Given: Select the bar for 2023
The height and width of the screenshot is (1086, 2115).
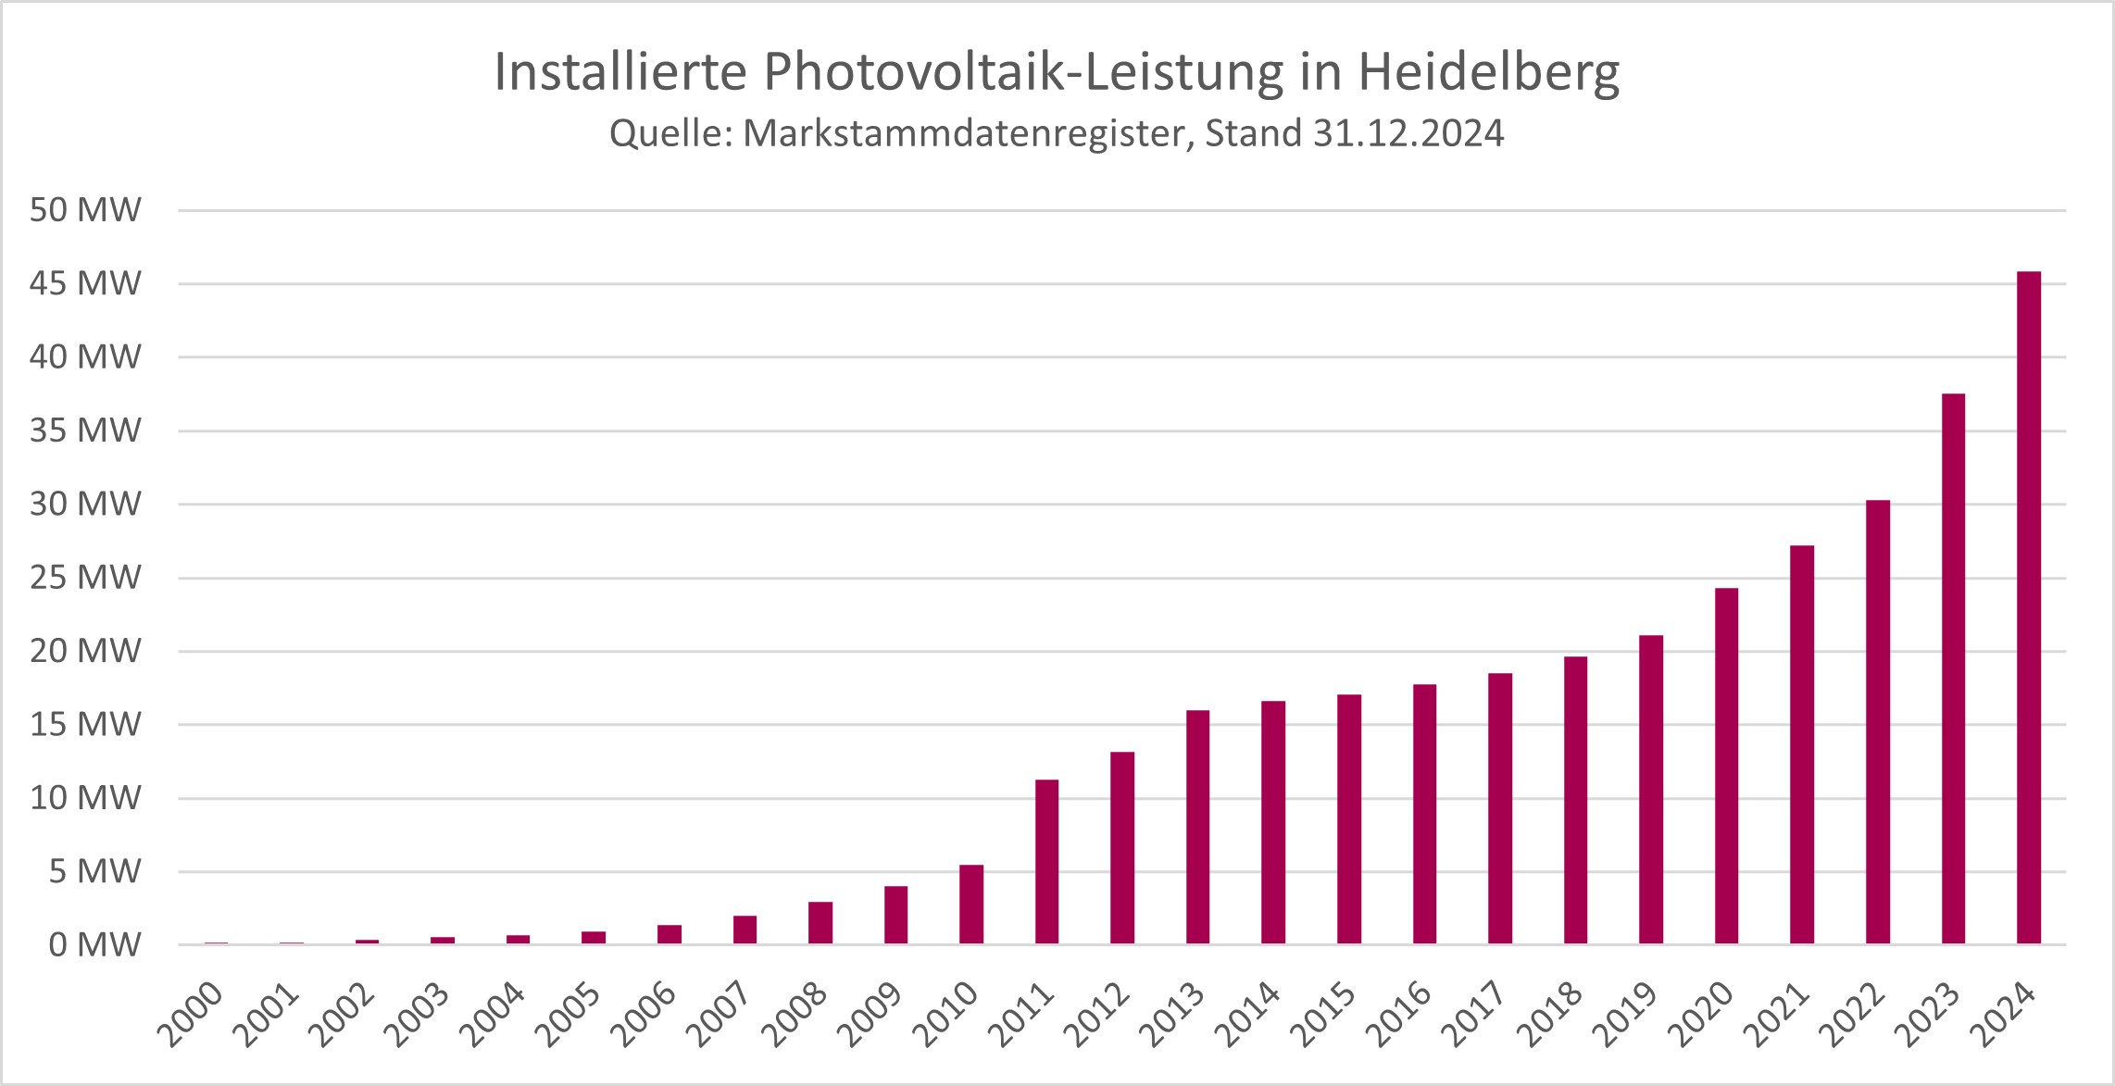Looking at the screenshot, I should coord(1953,668).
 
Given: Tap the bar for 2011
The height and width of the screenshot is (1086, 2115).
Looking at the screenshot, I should coord(1046,862).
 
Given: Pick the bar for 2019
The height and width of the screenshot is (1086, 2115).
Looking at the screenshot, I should coord(1650,790).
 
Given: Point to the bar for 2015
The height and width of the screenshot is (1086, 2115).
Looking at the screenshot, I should coord(1349,819).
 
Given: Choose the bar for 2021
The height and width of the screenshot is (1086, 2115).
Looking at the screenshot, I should coord(1802,744).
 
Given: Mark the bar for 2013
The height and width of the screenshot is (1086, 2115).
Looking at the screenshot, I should coord(1197,827).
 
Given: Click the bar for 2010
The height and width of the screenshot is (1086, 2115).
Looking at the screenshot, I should coord(971,905).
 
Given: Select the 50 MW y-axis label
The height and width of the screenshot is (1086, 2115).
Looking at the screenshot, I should coord(85,210).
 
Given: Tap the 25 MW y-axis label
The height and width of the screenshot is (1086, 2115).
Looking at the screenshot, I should coord(85,578).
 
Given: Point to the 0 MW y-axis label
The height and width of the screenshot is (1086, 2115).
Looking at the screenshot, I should coord(94,945).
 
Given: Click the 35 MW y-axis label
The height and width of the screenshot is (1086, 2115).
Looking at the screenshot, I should coord(85,431).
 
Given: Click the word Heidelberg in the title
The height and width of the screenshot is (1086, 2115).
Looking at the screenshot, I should coord(1489,72).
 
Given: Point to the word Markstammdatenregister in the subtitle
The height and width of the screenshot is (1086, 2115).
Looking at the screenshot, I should coord(964,133).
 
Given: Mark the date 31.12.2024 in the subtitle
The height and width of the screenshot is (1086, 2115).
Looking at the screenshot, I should coord(1408,133).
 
